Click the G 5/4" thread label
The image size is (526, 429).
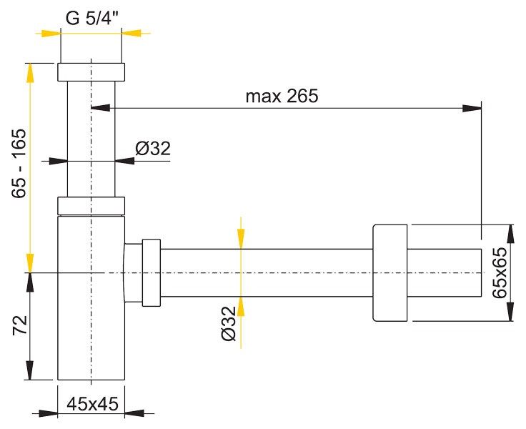(93, 19)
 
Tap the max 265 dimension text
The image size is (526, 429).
(282, 97)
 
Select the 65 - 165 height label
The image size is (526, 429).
(19, 163)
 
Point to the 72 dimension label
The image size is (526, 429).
(20, 325)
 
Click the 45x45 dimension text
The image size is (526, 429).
(93, 404)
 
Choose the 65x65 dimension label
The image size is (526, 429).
(500, 272)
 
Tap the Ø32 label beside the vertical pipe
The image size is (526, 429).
(153, 149)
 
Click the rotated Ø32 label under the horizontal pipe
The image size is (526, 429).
(229, 324)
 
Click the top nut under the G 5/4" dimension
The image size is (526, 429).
(91, 71)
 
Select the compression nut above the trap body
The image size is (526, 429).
(91, 206)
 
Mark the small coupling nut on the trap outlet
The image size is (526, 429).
(152, 272)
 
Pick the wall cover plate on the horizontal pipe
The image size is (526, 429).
(390, 272)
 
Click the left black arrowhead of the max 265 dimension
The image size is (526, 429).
(100, 108)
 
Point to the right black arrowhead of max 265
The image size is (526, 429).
(472, 109)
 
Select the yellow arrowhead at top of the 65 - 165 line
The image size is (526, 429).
(30, 72)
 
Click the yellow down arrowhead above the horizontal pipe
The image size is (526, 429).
(241, 239)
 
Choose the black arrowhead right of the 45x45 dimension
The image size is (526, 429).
(134, 413)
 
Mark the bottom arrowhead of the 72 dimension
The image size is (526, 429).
(30, 370)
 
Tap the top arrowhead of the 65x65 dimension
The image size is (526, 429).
(510, 234)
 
